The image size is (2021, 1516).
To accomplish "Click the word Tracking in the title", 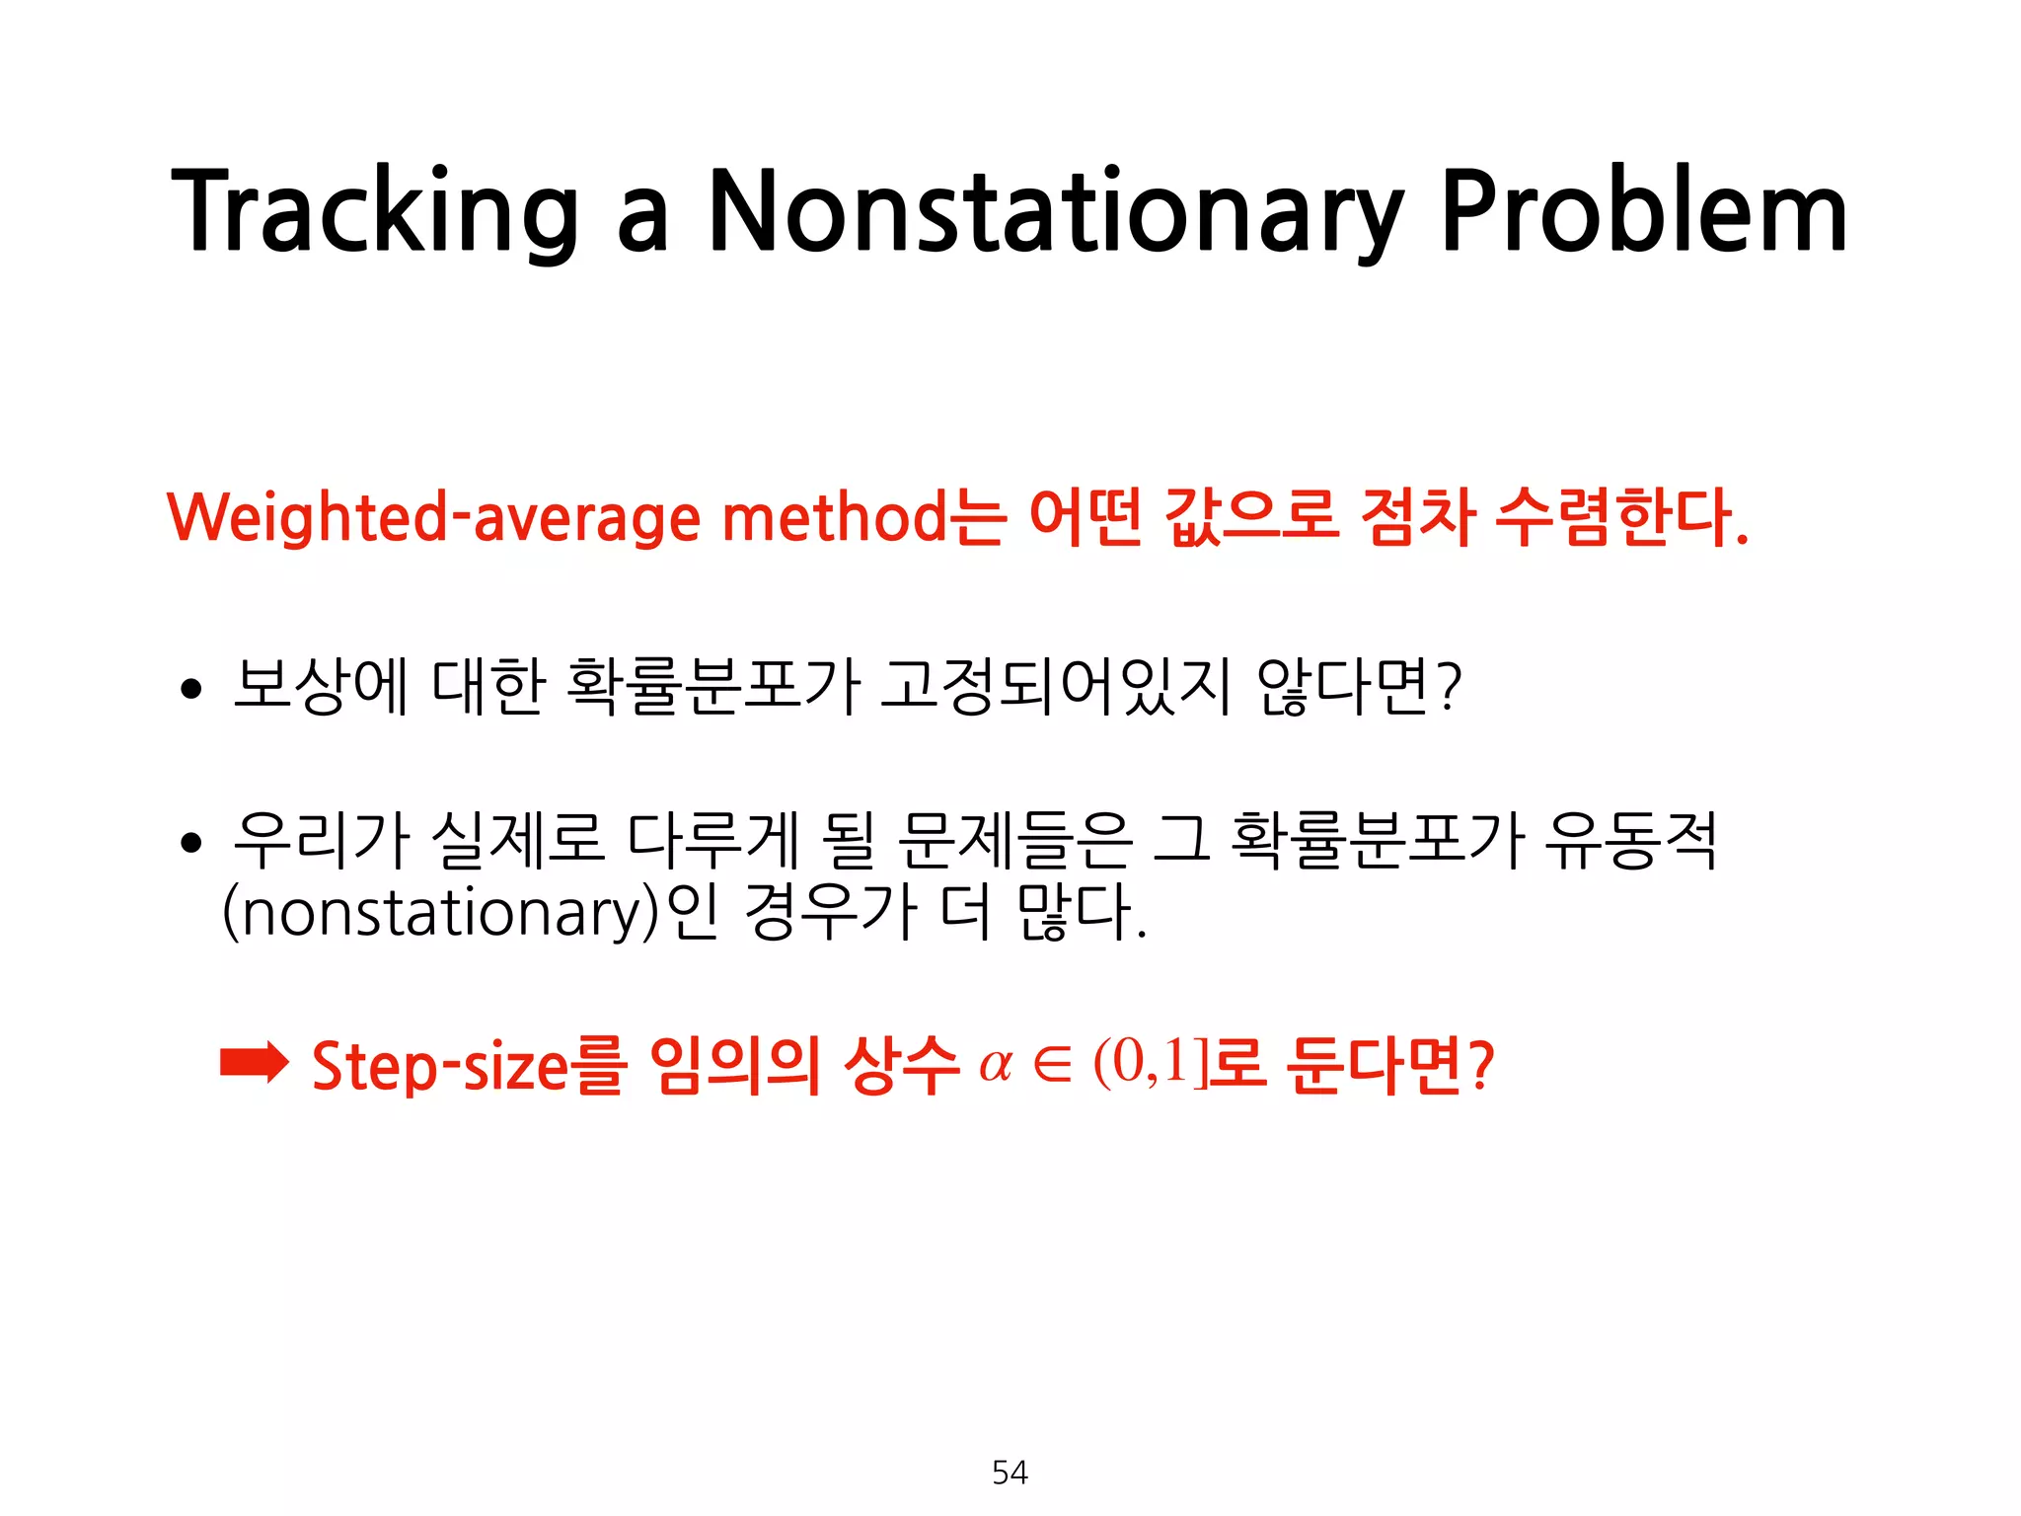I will [375, 212].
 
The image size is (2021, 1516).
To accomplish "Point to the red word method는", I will [863, 518].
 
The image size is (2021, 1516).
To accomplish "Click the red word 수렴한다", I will [1618, 518].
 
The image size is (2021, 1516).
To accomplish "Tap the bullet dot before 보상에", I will [191, 688].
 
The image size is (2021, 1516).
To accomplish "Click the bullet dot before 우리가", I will [191, 843].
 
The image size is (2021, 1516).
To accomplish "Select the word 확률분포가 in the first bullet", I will [713, 686].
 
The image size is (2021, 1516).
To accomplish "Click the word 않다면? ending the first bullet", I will [1359, 686].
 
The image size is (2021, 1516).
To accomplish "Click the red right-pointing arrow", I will [254, 1063].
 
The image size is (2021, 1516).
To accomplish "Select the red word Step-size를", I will [470, 1066].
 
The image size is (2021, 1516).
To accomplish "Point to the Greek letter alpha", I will [996, 1066].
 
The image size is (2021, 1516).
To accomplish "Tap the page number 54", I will [1010, 1473].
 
